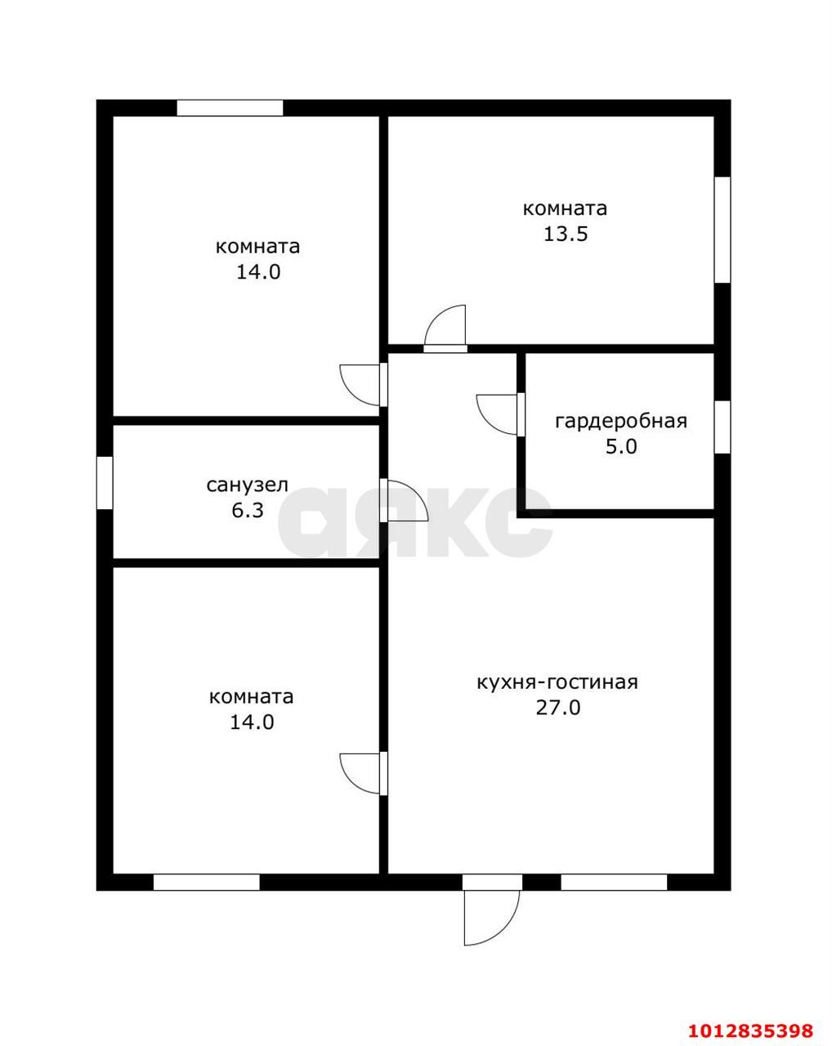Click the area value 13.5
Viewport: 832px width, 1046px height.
pos(565,234)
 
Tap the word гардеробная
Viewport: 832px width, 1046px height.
pos(621,422)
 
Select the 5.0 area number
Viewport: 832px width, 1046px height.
pos(621,446)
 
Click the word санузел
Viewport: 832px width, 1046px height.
pos(247,485)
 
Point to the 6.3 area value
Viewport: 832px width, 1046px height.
pos(248,511)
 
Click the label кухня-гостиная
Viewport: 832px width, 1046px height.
pos(557,682)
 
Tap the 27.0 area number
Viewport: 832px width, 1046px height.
pos(557,708)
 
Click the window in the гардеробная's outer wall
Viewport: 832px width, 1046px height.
pos(722,427)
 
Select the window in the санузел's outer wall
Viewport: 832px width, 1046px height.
pos(105,483)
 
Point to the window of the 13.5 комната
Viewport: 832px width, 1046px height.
pos(722,230)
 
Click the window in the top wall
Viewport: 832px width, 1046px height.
pos(230,108)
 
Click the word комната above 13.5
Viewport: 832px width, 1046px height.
pos(565,208)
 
